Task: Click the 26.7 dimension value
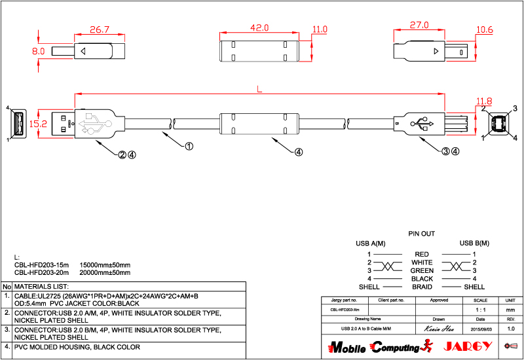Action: point(99,30)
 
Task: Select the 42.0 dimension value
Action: point(259,28)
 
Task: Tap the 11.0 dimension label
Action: point(320,29)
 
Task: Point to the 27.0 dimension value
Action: point(419,26)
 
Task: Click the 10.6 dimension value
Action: point(485,29)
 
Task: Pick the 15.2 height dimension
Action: point(39,123)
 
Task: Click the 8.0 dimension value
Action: point(38,50)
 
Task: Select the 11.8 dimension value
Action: point(484,101)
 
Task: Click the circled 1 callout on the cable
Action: point(189,147)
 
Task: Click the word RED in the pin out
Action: point(422,254)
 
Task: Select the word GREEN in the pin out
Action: point(422,270)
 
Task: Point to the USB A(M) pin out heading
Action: point(371,243)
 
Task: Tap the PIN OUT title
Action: point(422,233)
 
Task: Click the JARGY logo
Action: point(467,346)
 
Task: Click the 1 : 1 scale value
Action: point(485,308)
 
